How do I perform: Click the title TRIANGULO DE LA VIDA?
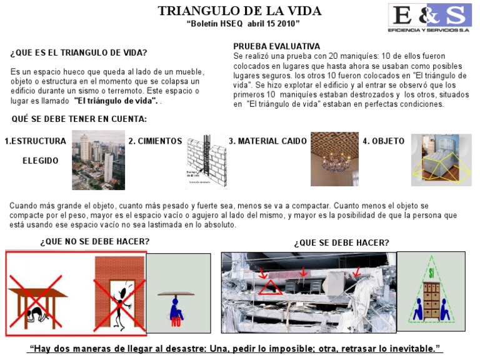tap(239, 11)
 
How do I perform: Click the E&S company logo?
tap(429, 19)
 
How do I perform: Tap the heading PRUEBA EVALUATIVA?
tap(276, 46)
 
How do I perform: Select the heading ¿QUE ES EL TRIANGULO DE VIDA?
tap(79, 52)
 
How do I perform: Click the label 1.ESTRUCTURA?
tap(35, 141)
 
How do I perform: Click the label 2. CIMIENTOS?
tap(155, 141)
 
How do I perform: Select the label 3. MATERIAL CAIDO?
tap(267, 141)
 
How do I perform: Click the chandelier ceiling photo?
tap(334, 159)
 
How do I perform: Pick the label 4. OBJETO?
tap(384, 141)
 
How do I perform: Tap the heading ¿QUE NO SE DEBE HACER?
tap(95, 241)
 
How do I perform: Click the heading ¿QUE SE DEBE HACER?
tap(341, 242)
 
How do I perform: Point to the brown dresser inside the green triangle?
tap(431, 296)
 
